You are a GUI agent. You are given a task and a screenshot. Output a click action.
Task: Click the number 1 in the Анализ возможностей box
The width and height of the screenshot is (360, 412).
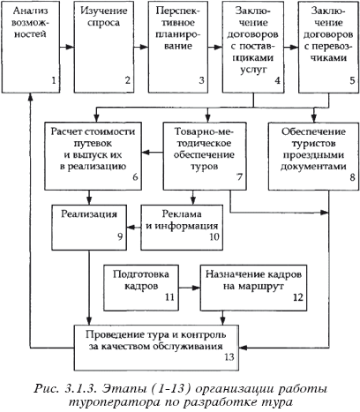pyautogui.click(x=54, y=80)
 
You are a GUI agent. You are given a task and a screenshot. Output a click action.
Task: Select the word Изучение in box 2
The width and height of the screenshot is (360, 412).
pyautogui.click(x=104, y=11)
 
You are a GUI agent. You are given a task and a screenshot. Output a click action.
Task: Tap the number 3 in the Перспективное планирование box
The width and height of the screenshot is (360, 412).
pyautogui.click(x=201, y=80)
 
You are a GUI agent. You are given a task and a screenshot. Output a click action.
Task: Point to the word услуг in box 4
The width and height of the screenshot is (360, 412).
pyautogui.click(x=253, y=70)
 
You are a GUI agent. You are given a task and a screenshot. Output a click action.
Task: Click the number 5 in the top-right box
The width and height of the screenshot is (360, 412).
pyautogui.click(x=352, y=80)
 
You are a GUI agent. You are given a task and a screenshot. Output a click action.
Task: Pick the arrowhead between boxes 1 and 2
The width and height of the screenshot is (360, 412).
pyautogui.click(x=70, y=47)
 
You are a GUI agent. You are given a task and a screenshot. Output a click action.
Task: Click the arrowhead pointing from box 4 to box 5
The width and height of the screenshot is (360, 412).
pyautogui.click(x=294, y=47)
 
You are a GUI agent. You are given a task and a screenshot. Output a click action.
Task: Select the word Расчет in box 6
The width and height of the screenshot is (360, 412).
pyautogui.click(x=66, y=131)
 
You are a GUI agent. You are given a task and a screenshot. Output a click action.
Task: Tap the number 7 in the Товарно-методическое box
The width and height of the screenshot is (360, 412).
pyautogui.click(x=239, y=177)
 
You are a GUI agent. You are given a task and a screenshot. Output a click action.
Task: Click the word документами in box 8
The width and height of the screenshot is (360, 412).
pyautogui.click(x=313, y=167)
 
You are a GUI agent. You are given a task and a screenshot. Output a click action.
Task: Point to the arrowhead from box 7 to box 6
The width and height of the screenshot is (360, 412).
pyautogui.click(x=146, y=153)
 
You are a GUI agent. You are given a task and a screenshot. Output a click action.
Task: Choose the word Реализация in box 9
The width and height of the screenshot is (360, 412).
pyautogui.click(x=89, y=213)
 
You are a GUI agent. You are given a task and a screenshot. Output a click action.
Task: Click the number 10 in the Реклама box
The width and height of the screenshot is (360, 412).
pyautogui.click(x=214, y=236)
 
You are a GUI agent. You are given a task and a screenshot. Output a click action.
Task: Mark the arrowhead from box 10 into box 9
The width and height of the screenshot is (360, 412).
pyautogui.click(x=131, y=227)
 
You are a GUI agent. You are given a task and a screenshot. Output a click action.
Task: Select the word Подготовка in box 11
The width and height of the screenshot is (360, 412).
pyautogui.click(x=141, y=274)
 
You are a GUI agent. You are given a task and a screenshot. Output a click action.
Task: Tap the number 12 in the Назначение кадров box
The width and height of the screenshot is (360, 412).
pyautogui.click(x=297, y=297)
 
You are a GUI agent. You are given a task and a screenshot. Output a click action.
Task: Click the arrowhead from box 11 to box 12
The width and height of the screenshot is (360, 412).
pyautogui.click(x=196, y=288)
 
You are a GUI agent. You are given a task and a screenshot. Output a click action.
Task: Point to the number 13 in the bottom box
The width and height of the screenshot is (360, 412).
pyautogui.click(x=229, y=356)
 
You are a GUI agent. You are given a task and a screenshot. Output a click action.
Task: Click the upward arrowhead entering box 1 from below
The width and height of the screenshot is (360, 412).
pyautogui.click(x=30, y=97)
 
